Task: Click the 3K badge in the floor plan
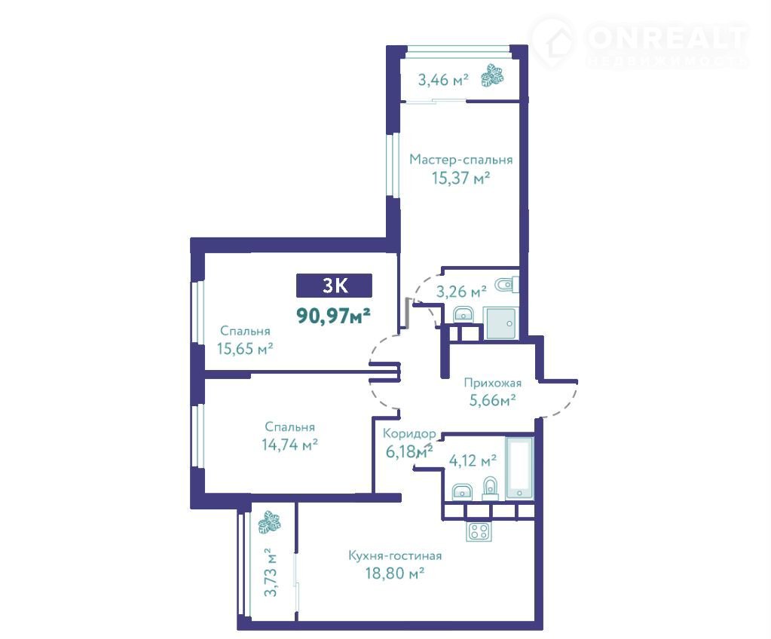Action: click(334, 286)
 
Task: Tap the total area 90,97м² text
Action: click(333, 315)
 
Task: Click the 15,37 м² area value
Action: click(460, 177)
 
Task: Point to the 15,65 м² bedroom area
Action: click(245, 348)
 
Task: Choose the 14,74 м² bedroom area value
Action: click(289, 445)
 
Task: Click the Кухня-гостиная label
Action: click(395, 555)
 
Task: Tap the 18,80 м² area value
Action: click(395, 573)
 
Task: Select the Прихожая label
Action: click(493, 382)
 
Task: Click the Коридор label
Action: click(409, 433)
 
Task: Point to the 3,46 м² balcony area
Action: click(443, 79)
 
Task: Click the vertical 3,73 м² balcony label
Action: click(271, 572)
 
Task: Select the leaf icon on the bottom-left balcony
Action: click(269, 522)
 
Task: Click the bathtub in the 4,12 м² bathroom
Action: click(520, 469)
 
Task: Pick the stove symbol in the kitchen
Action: click(479, 531)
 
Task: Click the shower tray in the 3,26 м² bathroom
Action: click(501, 323)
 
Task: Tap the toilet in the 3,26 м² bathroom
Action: click(506, 285)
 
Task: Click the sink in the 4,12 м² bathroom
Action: click(462, 491)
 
